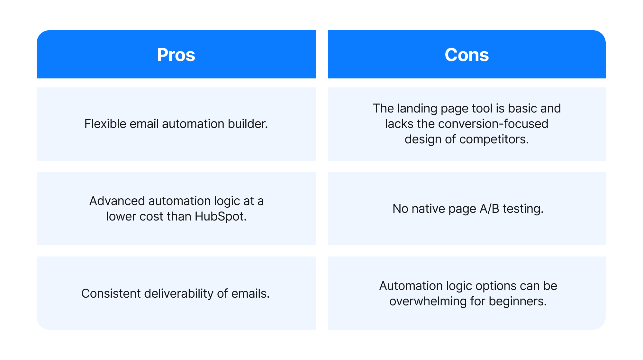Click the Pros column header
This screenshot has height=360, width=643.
(x=176, y=55)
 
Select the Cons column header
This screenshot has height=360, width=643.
(x=466, y=55)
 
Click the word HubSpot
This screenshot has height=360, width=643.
(x=220, y=216)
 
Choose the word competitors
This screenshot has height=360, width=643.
(x=494, y=139)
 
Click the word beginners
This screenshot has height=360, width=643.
(x=517, y=301)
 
